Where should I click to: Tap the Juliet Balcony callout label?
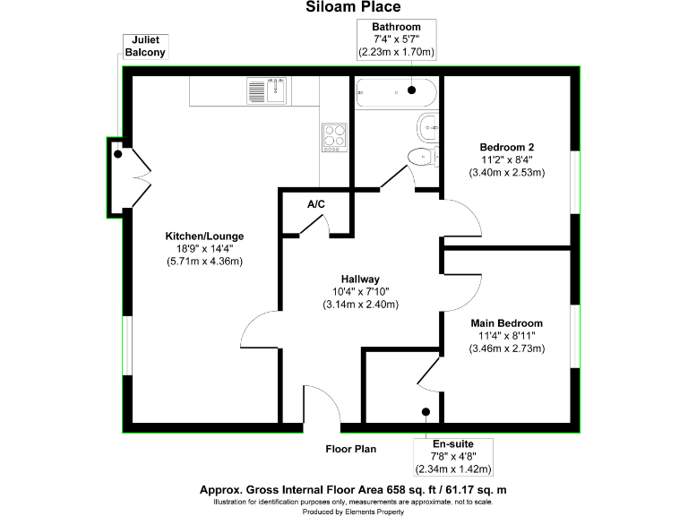pyautogui.click(x=143, y=47)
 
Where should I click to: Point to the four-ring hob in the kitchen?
pyautogui.click(x=334, y=137)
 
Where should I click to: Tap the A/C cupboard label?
pyautogui.click(x=315, y=204)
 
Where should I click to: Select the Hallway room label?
pyautogui.click(x=360, y=279)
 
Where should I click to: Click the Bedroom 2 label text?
pyautogui.click(x=506, y=147)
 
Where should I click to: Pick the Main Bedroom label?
pyautogui.click(x=506, y=322)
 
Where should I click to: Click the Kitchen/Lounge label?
pyautogui.click(x=204, y=236)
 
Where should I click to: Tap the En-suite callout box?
pyautogui.click(x=452, y=456)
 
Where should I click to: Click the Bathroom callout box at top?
pyautogui.click(x=396, y=40)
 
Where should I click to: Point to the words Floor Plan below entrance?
pyautogui.click(x=351, y=449)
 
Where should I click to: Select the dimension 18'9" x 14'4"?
pyautogui.click(x=204, y=248)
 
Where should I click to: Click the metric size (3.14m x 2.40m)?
pyautogui.click(x=360, y=305)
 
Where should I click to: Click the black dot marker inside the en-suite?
pyautogui.click(x=425, y=413)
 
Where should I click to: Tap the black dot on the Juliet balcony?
pyautogui.click(x=117, y=154)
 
